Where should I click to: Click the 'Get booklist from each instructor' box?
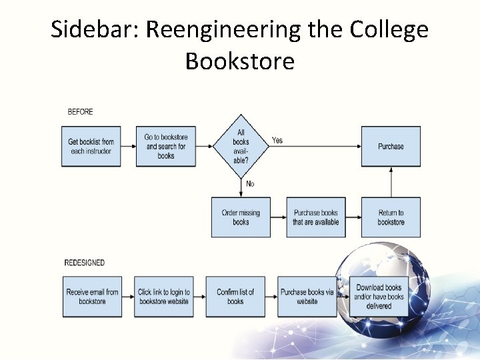91,147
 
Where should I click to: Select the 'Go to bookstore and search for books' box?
166,147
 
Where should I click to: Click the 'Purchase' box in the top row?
391,147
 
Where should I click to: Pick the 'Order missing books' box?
241,217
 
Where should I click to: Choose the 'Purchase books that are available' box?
315,217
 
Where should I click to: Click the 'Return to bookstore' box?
391,217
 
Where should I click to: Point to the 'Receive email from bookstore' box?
92,297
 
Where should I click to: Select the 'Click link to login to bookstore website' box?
164,297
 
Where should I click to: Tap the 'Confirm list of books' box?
235,297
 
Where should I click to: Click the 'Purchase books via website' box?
307,297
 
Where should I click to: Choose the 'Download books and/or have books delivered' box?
379,297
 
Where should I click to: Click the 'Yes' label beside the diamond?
277,141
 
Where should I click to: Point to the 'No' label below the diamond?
250,184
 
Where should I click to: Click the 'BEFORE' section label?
81,112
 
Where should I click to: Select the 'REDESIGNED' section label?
85,263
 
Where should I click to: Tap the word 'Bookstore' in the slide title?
240,61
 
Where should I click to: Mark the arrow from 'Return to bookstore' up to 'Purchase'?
391,182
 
